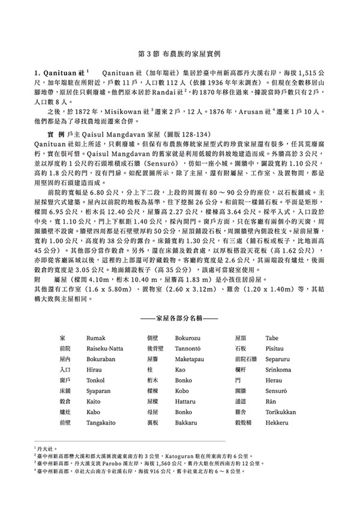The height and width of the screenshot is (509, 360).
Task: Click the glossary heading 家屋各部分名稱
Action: (x=179, y=315)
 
